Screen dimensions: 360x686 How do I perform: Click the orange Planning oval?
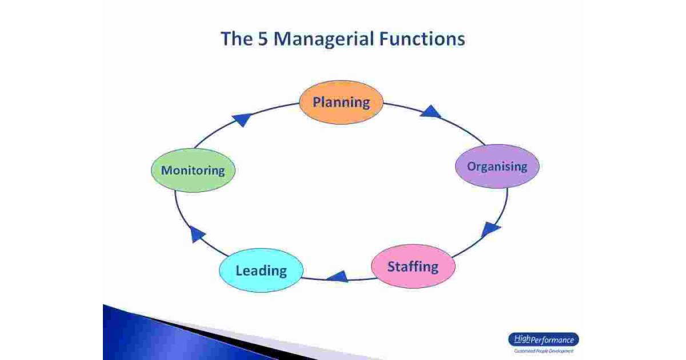click(x=341, y=102)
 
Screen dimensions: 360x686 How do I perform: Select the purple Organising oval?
click(x=497, y=166)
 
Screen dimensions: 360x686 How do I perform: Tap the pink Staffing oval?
click(x=413, y=266)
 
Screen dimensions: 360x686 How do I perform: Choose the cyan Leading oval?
click(x=261, y=270)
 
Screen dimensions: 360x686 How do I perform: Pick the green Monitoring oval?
click(x=193, y=170)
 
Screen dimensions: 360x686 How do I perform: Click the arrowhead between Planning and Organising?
click(x=430, y=111)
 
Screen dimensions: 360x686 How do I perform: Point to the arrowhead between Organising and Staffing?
click(x=490, y=230)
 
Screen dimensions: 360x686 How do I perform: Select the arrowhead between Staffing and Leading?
click(x=337, y=277)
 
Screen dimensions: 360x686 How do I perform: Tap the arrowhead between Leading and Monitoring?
click(x=197, y=233)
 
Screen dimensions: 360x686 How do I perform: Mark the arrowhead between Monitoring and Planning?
click(x=242, y=119)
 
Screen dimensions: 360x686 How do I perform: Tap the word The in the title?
click(x=237, y=39)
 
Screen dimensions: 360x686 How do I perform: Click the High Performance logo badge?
click(x=543, y=340)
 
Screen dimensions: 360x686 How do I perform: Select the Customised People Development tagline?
click(x=543, y=351)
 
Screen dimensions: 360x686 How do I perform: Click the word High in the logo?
click(x=522, y=339)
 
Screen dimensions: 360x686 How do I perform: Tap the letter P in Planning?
click(x=317, y=102)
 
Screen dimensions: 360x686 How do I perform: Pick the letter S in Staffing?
click(x=392, y=266)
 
